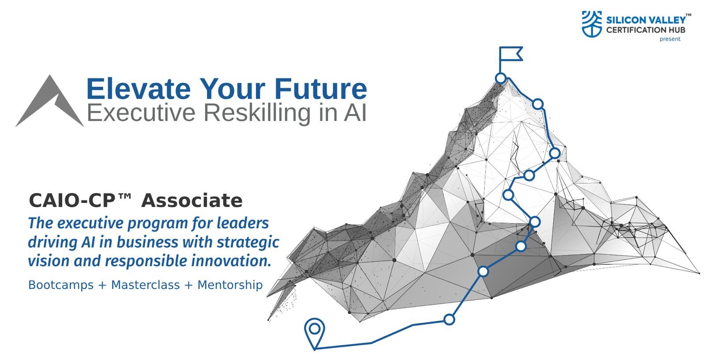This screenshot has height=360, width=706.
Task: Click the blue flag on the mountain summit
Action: click(511, 54)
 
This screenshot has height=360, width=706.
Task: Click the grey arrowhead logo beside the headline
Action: click(49, 101)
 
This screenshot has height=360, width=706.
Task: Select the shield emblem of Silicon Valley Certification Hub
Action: click(592, 24)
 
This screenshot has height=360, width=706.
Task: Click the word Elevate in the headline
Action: click(139, 89)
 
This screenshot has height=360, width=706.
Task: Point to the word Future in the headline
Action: click(320, 89)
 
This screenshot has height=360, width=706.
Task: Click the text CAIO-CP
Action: click(72, 200)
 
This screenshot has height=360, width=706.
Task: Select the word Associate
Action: click(192, 200)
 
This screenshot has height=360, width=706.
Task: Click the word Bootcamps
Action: click(61, 285)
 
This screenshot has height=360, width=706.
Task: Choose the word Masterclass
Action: click(145, 285)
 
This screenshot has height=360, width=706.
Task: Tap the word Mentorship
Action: click(230, 285)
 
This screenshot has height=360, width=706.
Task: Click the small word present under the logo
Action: click(670, 39)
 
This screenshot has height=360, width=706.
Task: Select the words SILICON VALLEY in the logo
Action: click(646, 20)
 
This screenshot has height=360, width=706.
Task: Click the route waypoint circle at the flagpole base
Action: click(501, 78)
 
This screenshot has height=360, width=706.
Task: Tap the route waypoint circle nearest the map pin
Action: click(449, 319)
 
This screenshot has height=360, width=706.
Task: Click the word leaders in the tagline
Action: click(243, 223)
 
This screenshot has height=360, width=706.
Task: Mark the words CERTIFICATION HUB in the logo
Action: click(646, 30)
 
